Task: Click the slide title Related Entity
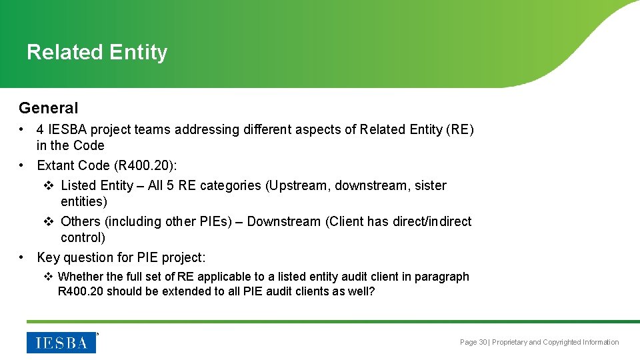(97, 52)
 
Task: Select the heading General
(48, 108)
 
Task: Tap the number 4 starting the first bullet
(41, 129)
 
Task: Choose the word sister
(431, 185)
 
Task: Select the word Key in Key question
(49, 257)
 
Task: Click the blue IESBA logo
(61, 342)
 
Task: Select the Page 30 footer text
(473, 342)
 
